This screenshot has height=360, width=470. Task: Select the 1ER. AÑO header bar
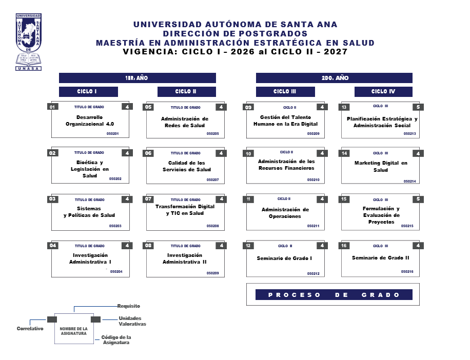137,78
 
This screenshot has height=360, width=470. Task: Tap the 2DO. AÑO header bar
334,78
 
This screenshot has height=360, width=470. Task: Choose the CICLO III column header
285,92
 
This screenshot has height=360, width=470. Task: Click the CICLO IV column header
383,92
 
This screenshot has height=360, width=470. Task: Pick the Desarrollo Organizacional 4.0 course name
90,121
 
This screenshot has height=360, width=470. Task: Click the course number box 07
149,199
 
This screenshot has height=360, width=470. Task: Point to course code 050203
115,226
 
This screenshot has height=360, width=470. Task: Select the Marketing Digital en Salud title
381,167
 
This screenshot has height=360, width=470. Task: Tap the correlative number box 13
344,107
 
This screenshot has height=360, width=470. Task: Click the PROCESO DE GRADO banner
334,295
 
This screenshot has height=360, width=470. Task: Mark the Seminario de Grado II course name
380,257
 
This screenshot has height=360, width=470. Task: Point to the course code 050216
407,271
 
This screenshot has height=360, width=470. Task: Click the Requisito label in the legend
128,306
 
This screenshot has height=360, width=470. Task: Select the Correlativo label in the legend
30,328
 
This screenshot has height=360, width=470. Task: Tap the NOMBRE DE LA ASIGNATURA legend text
73,331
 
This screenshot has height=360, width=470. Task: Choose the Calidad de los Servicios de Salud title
186,166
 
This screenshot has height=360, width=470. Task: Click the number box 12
249,246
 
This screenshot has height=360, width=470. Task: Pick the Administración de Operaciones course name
285,213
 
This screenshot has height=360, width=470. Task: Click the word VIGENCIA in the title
145,52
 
